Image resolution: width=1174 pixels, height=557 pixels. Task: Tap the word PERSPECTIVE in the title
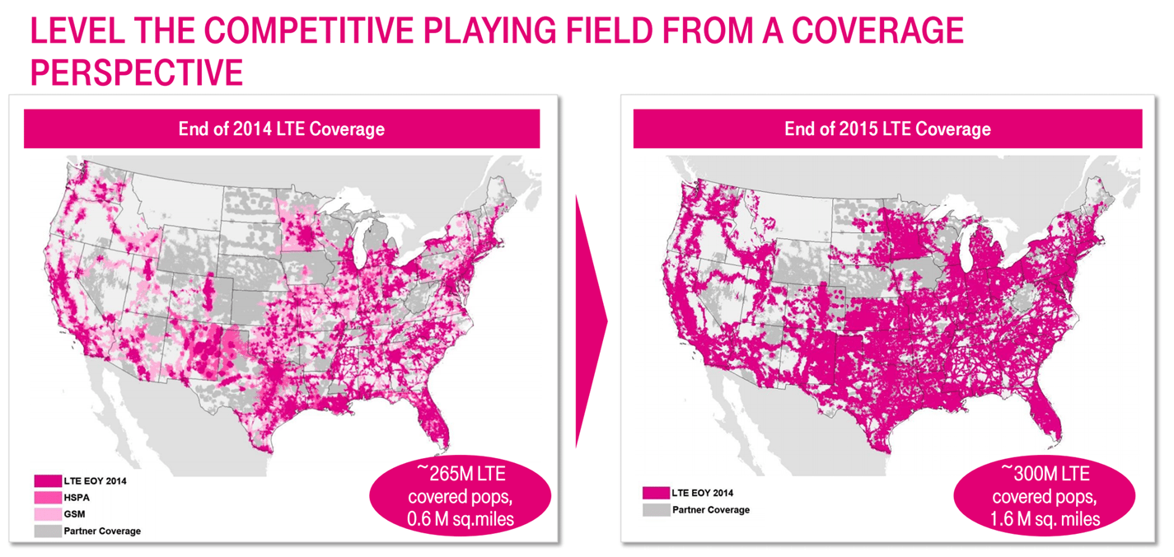point(137,73)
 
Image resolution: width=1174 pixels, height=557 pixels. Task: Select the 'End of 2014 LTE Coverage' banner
point(281,129)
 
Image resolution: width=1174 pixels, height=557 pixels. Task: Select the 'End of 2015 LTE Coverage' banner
point(887,129)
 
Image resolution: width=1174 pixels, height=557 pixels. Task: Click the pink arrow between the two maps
point(590,321)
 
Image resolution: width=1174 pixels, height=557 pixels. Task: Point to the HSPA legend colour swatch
point(47,497)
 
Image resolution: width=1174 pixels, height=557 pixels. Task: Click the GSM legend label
point(74,513)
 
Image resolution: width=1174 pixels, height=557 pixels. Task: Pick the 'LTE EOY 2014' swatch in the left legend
point(47,480)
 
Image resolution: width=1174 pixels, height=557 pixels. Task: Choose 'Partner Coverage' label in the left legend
point(102,531)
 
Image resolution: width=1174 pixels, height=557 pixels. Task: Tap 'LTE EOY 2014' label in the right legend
point(703,493)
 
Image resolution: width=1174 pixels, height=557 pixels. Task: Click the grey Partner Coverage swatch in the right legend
point(654,509)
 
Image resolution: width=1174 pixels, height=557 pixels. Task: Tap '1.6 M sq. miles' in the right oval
point(1045,517)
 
